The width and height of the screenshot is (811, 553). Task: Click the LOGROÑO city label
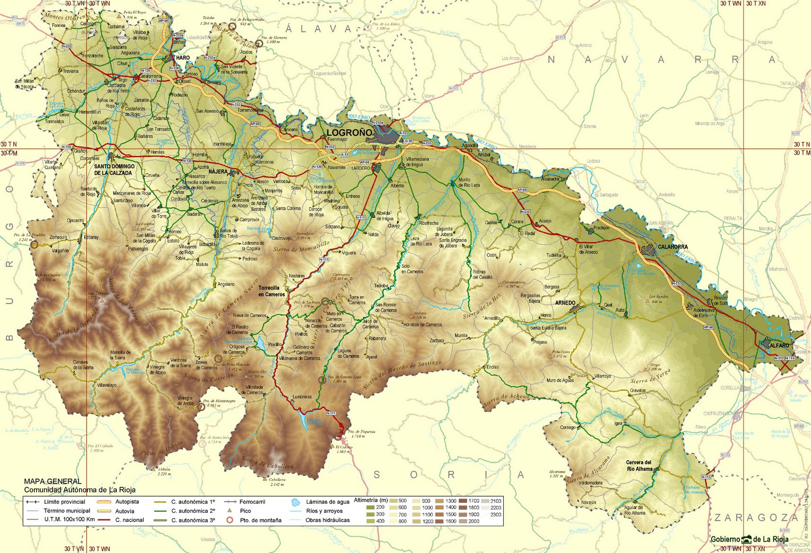350,132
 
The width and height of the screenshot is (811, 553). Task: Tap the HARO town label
183,58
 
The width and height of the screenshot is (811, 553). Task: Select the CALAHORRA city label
673,247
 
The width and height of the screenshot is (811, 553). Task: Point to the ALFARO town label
779,345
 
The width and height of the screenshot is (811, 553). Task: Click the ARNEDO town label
565,303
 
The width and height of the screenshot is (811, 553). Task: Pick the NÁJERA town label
218,171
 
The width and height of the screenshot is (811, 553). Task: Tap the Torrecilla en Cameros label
271,291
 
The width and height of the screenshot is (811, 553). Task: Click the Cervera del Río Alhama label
639,465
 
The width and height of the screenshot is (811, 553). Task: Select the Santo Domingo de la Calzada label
115,169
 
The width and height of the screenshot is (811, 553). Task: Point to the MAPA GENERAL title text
53,481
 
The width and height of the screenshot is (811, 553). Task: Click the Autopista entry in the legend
127,502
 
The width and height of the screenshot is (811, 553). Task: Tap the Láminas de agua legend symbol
296,502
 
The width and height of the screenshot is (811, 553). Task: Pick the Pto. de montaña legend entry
260,520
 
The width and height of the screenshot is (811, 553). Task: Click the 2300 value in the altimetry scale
496,514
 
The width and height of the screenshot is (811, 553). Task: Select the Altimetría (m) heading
371,500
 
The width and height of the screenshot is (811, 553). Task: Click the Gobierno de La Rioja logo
749,539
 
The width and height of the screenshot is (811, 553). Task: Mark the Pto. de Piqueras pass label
361,432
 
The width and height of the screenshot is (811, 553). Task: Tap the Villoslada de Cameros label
254,389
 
